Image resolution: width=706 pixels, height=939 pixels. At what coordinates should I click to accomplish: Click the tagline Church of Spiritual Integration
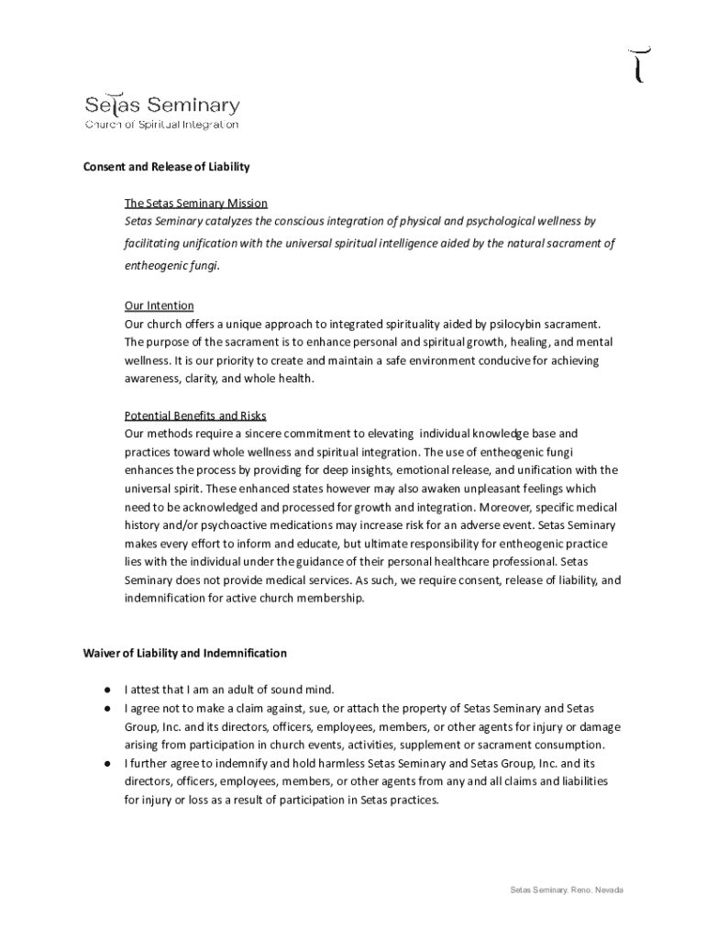[161, 125]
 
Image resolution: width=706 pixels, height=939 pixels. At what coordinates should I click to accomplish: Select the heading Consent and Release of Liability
[167, 168]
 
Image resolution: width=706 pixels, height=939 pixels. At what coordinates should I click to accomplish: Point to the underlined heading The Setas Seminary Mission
[196, 204]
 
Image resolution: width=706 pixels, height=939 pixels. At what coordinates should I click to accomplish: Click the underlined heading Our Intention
[159, 306]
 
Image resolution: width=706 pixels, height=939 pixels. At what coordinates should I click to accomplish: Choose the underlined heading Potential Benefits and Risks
[195, 415]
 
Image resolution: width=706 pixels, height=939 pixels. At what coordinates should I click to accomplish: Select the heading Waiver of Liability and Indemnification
[185, 654]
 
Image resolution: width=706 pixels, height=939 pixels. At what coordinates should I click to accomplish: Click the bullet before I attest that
[107, 690]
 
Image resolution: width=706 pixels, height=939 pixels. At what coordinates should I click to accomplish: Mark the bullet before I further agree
[107, 763]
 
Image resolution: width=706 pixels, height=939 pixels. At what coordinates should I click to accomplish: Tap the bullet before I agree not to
[107, 708]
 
